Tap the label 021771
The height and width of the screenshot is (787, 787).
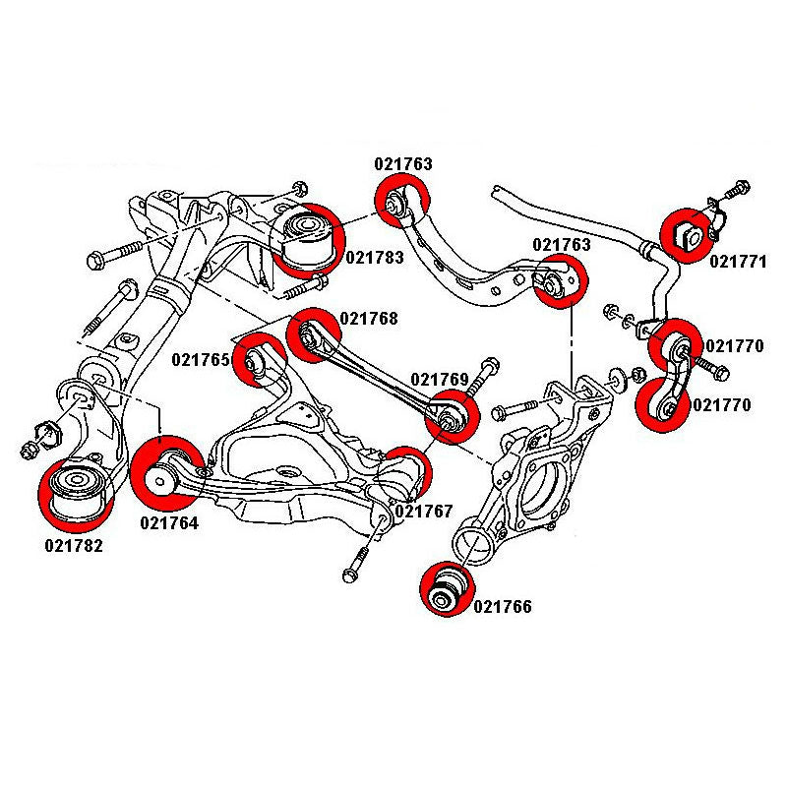[738, 263]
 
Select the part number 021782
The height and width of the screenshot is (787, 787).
[73, 544]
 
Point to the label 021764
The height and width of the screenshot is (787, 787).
[169, 523]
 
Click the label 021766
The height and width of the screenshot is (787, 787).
[502, 607]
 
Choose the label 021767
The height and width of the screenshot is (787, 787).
[423, 511]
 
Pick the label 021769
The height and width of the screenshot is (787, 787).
[440, 379]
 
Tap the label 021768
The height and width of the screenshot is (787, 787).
[370, 318]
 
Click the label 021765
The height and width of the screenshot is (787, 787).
[201, 361]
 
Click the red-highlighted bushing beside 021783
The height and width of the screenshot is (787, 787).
[306, 238]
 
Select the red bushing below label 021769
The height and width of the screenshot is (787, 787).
[452, 417]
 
